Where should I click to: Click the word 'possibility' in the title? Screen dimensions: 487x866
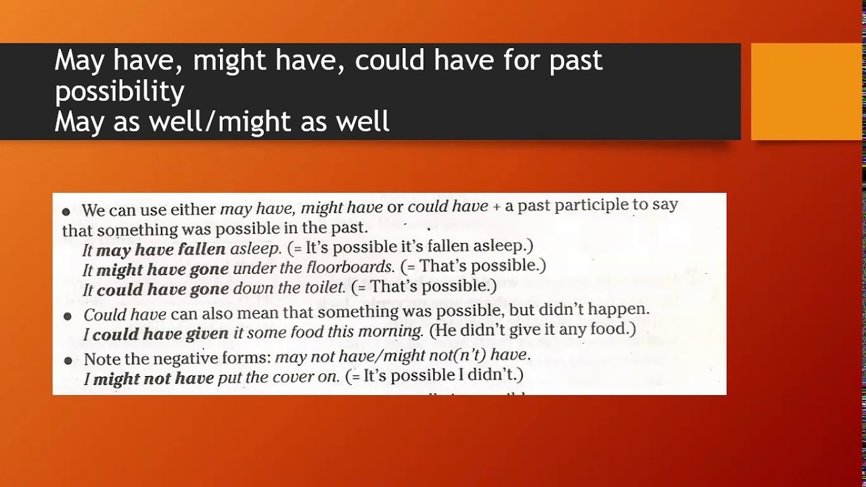pyautogui.click(x=119, y=91)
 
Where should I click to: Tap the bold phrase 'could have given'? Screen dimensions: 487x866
pyautogui.click(x=160, y=334)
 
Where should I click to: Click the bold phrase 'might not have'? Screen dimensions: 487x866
pyautogui.click(x=153, y=379)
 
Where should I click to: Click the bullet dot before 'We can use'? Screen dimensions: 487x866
pyautogui.click(x=66, y=212)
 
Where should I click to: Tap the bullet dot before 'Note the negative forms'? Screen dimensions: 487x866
pyautogui.click(x=67, y=361)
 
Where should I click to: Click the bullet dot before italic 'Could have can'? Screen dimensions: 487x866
pyautogui.click(x=67, y=316)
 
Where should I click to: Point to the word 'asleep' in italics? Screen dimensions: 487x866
pyautogui.click(x=255, y=249)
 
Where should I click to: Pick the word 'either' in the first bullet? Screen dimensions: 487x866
pyautogui.click(x=192, y=210)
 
